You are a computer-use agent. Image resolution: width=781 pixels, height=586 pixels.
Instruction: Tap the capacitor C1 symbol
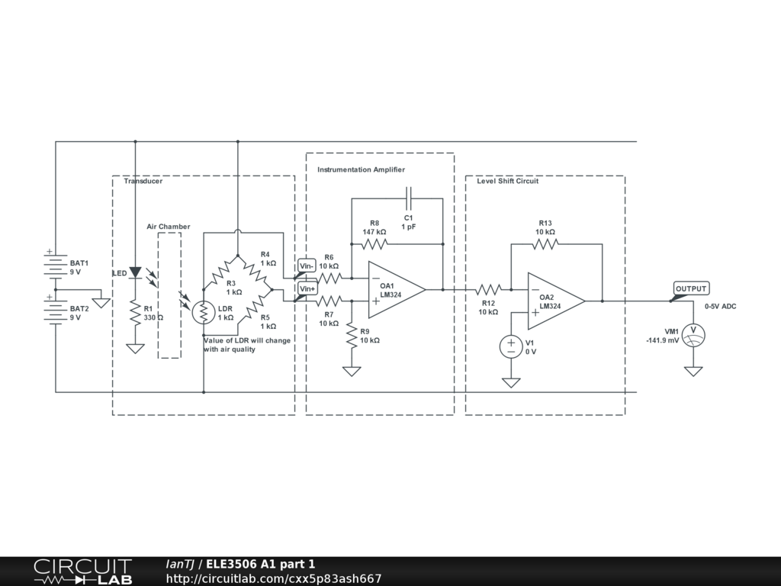409,198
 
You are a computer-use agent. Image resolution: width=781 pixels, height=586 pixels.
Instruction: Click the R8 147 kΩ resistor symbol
374,244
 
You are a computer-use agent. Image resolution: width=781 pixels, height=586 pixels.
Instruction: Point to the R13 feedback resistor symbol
545,244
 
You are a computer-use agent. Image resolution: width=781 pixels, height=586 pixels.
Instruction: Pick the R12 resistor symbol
488,290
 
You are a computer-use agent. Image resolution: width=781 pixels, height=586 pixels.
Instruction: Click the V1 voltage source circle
511,346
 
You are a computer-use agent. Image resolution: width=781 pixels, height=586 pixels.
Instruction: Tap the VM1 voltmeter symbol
693,335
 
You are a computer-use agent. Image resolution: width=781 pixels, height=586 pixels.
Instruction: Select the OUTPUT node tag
691,288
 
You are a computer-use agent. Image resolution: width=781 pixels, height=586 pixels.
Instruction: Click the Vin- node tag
307,266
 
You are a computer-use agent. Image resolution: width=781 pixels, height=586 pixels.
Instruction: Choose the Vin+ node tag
307,289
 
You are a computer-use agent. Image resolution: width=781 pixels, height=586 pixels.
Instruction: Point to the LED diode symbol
135,272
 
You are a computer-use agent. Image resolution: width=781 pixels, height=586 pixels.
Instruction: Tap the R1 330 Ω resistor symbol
135,313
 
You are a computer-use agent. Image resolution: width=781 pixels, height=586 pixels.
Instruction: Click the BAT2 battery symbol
56,312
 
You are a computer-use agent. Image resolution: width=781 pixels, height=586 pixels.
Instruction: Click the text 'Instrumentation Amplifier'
361,169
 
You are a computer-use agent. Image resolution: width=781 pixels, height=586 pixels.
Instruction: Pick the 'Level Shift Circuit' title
507,181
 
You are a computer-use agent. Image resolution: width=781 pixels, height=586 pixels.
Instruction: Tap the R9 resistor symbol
352,336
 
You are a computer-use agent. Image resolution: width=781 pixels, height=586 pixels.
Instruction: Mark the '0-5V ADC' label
720,306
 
